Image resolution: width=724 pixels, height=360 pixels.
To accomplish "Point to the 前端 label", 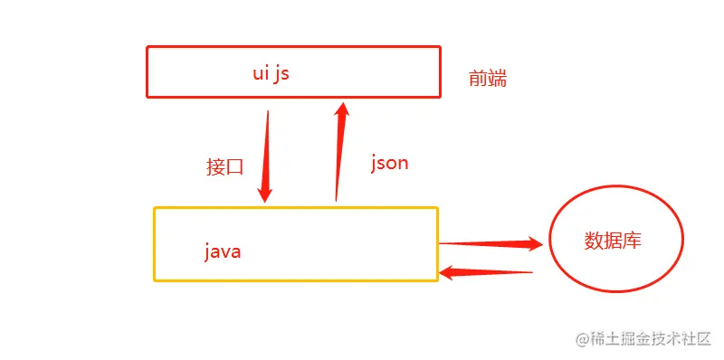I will coord(487,79).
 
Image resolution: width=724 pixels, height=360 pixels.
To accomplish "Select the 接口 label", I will coord(225,166).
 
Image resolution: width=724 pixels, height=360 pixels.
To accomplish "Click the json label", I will coord(389,163).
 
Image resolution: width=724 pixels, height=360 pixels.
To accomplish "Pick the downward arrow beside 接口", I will coord(267,154).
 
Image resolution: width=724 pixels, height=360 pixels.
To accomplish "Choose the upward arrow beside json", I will coord(339,154).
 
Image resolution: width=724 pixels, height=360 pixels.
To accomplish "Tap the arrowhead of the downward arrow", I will coord(265,193).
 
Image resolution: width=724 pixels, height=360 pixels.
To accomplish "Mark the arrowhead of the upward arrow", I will coord(342,110).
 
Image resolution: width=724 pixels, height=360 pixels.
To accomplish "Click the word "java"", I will coord(222,251).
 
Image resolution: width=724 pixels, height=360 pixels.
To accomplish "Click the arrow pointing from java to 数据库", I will coord(489,242).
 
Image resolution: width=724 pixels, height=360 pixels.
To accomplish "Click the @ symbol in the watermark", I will coord(584,339).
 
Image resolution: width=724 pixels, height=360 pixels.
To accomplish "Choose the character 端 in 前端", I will coord(497,79).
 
